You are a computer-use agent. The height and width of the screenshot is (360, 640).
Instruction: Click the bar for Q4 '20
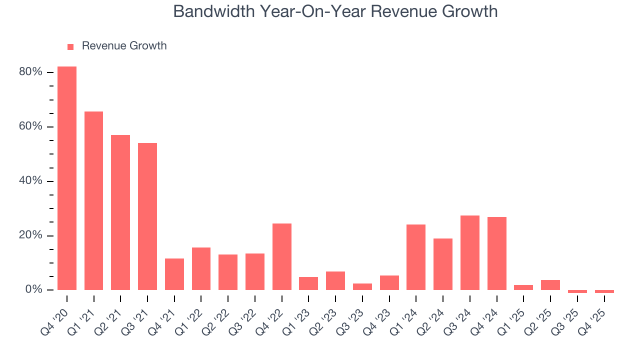[x=67, y=178]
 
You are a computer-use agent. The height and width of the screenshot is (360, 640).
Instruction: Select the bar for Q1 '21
[x=93, y=200]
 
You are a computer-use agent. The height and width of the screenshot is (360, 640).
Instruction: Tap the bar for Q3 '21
[x=147, y=216]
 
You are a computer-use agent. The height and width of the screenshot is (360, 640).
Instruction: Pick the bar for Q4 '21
[x=174, y=274]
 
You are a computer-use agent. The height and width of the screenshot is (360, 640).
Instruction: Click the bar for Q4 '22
[x=282, y=256]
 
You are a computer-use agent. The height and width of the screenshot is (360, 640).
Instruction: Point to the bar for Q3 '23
[x=362, y=286]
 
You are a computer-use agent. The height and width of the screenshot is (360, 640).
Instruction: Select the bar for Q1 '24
[x=416, y=257]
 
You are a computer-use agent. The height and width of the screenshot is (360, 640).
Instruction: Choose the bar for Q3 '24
[x=470, y=252]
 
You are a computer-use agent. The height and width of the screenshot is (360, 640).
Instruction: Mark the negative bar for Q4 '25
[x=604, y=291]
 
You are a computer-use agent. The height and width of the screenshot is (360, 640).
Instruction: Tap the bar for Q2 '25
[x=550, y=285]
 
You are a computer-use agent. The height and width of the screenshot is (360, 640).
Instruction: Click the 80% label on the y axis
[x=30, y=72]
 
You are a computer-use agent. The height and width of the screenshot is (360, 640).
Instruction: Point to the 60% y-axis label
[x=30, y=126]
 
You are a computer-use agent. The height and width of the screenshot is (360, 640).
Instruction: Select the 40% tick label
[x=30, y=181]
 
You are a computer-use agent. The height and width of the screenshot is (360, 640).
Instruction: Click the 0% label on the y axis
[x=33, y=290]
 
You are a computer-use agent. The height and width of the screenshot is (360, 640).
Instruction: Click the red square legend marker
[x=70, y=46]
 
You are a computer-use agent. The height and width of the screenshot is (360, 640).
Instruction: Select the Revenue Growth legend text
[x=124, y=46]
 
